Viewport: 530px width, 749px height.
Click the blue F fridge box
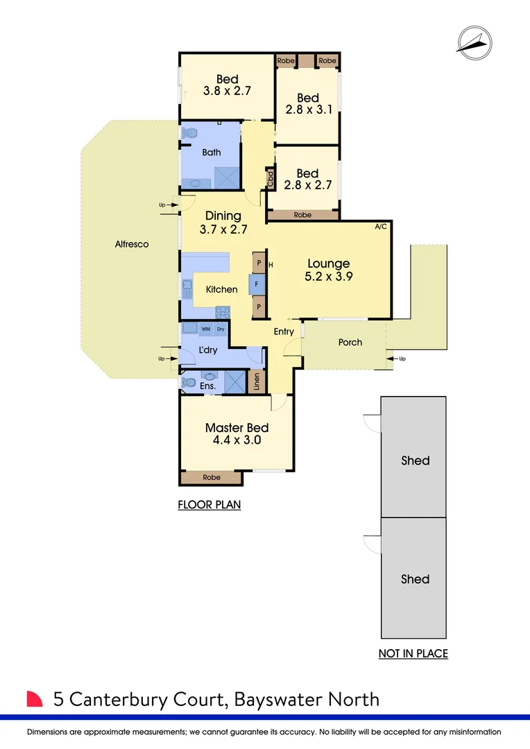tap(257, 284)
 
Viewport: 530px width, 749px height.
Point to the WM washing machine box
tap(206, 329)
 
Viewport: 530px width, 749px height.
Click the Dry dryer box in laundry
tap(221, 329)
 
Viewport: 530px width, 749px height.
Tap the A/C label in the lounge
tap(381, 227)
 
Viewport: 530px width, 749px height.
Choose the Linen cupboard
tap(257, 381)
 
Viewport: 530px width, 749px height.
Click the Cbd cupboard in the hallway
tap(270, 180)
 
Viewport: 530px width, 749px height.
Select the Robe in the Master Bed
tap(212, 477)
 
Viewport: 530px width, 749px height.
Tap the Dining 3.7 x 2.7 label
tap(223, 222)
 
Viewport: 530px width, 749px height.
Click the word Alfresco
tap(132, 244)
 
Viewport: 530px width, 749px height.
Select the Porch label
tap(350, 342)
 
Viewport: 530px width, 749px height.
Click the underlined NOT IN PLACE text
tap(413, 653)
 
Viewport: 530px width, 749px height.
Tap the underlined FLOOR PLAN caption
tap(210, 505)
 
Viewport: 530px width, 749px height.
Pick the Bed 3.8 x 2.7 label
tap(227, 85)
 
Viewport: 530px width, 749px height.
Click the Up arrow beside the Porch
tap(397, 359)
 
